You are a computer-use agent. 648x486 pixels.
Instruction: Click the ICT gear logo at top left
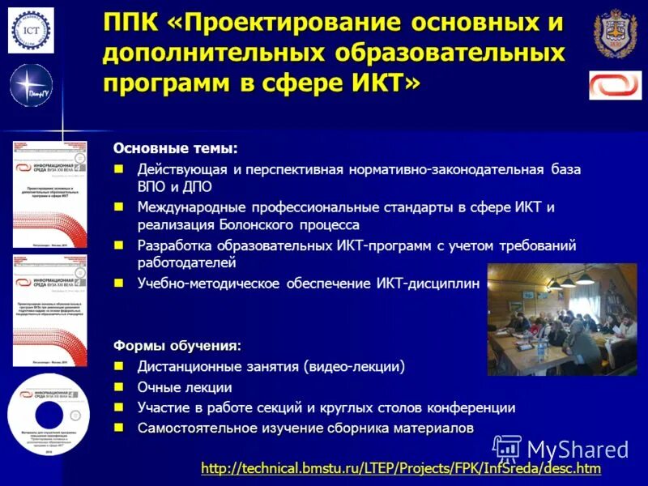pos(31,30)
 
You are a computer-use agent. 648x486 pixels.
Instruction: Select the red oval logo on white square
pos(615,85)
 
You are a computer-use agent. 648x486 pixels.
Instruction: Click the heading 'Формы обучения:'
pos(177,346)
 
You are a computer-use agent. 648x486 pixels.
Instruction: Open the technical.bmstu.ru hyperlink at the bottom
pos(401,468)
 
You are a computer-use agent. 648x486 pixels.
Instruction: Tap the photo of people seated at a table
pos(561,319)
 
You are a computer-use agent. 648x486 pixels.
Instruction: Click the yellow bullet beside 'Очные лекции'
pos(119,387)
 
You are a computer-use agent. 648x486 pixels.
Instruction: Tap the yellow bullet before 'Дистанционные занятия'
pos(119,366)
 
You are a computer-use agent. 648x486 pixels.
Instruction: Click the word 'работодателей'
pos(186,262)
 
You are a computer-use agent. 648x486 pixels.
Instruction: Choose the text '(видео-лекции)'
pos(353,367)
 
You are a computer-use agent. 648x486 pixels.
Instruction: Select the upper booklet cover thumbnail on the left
pos(49,194)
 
